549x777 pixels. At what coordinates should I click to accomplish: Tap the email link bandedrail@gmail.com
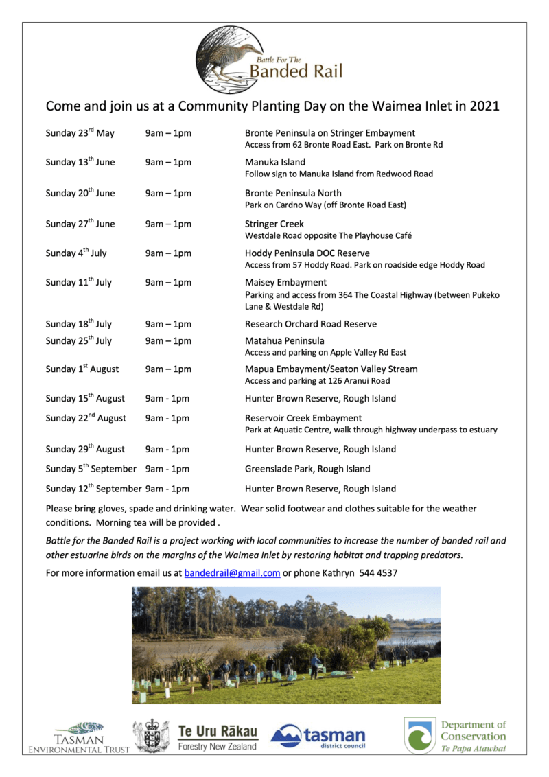(232, 573)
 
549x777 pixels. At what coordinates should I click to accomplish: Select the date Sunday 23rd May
(80, 133)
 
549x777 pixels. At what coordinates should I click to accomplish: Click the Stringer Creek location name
(274, 224)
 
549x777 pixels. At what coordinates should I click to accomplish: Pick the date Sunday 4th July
(76, 253)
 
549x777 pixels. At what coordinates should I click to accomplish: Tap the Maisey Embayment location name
(285, 282)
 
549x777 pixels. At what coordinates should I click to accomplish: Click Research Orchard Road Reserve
(311, 324)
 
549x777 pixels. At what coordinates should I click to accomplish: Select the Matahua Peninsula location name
(285, 340)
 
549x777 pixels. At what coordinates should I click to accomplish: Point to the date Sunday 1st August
(82, 369)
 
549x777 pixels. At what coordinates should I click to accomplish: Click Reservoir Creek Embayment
(303, 418)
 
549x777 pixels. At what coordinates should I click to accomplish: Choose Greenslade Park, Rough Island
(307, 469)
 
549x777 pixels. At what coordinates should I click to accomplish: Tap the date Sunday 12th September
(93, 489)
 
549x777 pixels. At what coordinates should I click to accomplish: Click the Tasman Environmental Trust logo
(79, 737)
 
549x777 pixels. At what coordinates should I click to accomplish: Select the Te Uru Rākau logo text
(218, 731)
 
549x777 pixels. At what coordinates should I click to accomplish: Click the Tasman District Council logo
(318, 737)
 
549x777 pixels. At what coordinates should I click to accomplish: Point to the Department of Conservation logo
(456, 736)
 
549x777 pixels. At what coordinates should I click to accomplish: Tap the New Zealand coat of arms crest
(151, 736)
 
